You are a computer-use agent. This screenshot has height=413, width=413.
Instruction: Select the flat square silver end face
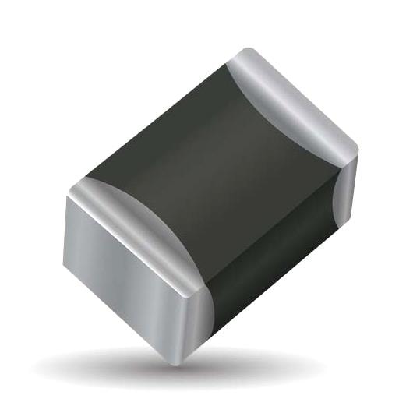pyautogui.click(x=125, y=265)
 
